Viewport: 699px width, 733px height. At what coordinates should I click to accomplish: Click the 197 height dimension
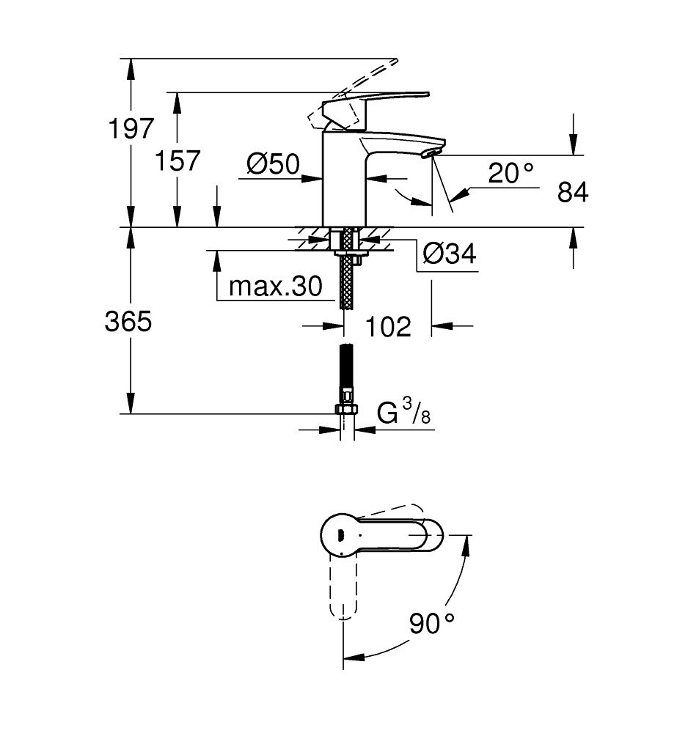[131, 128]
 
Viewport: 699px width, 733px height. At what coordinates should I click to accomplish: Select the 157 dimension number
[178, 161]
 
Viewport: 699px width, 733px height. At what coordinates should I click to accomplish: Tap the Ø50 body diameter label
[274, 164]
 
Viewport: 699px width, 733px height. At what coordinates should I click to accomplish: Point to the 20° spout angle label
[510, 172]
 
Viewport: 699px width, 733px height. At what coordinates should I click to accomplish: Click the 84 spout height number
[573, 191]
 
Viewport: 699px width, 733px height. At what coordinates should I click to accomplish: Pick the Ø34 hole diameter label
[450, 254]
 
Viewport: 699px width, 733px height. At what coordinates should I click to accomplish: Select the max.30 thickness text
[276, 286]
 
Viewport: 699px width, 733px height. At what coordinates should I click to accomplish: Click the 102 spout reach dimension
[388, 326]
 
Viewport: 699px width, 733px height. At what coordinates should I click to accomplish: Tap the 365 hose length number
[128, 322]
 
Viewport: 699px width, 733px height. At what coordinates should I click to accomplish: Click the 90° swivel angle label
[431, 622]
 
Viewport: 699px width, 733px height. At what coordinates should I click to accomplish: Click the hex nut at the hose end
[346, 410]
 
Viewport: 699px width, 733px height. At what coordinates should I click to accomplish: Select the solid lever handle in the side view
[374, 108]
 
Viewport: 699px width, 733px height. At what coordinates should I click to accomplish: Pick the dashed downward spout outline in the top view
[344, 586]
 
